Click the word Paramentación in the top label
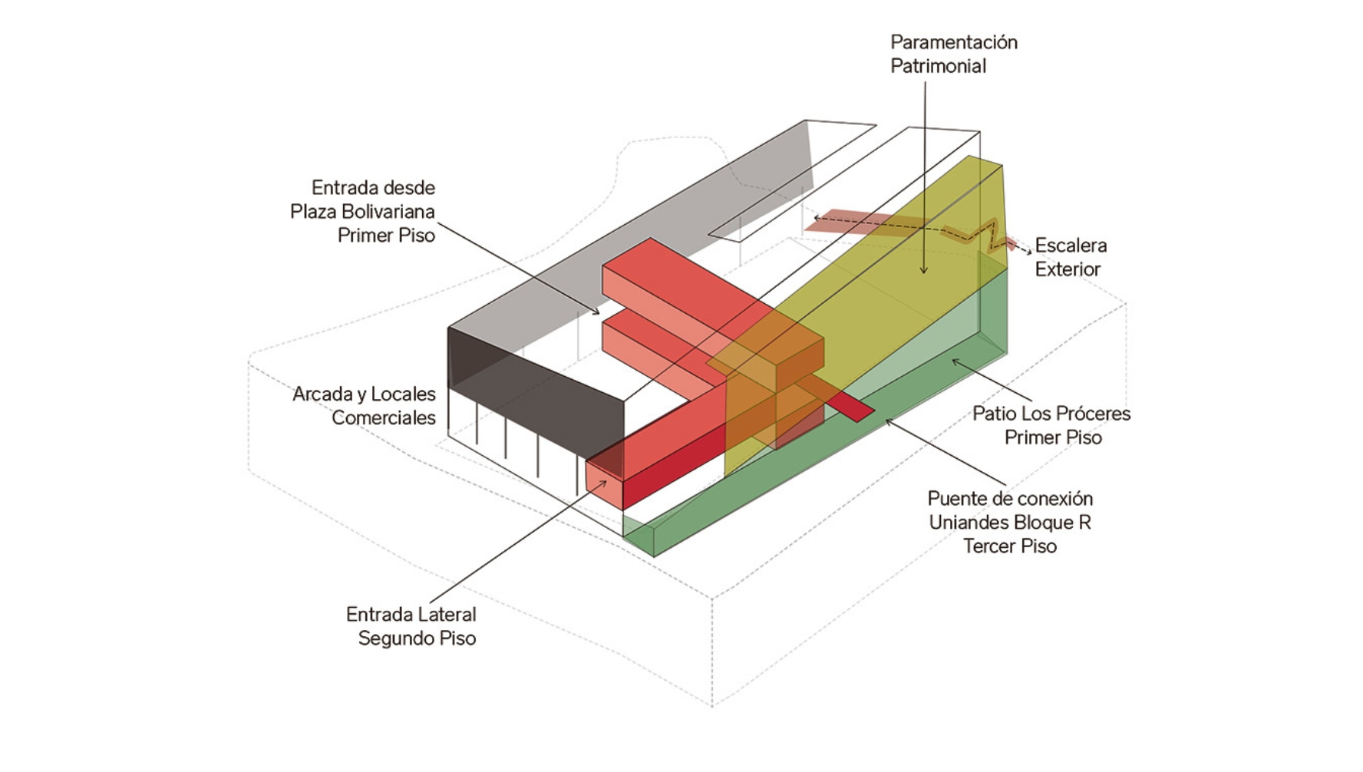953,42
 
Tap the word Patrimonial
938,66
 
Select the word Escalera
1071,246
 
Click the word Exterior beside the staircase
1068,269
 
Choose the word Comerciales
383,418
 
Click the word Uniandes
969,523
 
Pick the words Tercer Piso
1010,546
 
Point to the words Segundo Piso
417,638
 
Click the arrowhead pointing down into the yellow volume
923,271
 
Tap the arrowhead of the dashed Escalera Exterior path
1028,252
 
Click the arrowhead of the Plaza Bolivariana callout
596,312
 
